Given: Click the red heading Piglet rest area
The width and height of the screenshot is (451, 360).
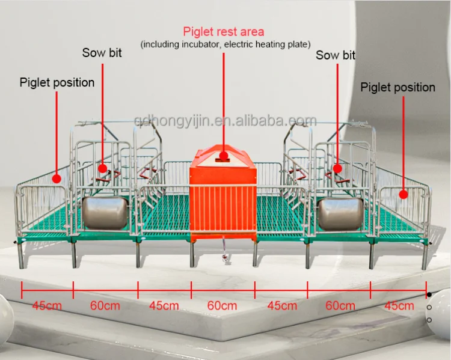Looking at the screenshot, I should pyautogui.click(x=223, y=31).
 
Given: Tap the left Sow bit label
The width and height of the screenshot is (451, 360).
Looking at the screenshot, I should pyautogui.click(x=102, y=53).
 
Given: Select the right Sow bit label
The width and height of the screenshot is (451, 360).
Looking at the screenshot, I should pyautogui.click(x=336, y=55).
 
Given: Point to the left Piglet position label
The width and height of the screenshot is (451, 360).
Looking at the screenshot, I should pyautogui.click(x=57, y=82).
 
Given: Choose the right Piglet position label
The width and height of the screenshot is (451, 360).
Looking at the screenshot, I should pyautogui.click(x=397, y=88).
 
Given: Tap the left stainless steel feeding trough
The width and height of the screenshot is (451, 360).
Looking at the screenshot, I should pyautogui.click(x=106, y=210).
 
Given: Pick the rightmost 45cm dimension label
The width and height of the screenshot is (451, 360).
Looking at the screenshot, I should pyautogui.click(x=399, y=306).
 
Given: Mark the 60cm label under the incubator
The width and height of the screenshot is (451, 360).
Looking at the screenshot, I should pyautogui.click(x=222, y=306).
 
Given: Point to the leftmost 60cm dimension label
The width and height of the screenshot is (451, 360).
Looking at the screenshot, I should pyautogui.click(x=105, y=306).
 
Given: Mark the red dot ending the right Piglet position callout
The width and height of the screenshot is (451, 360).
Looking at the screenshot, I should pyautogui.click(x=404, y=194).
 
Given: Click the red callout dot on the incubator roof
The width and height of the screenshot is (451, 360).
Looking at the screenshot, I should pyautogui.click(x=223, y=156).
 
